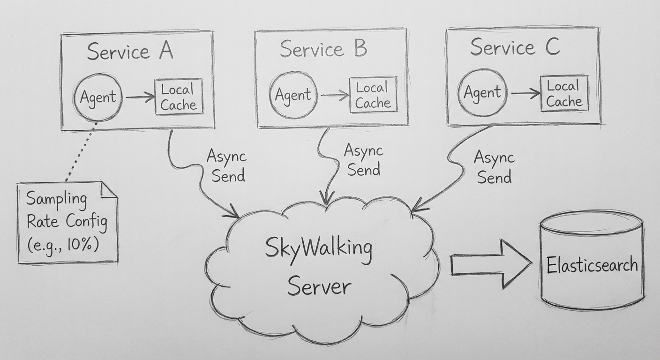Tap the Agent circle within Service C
coord(482,92)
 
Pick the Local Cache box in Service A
coord(179,97)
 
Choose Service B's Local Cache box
coord(373,95)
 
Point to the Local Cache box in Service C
coord(564,94)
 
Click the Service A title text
coord(130,51)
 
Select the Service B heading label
coord(323,49)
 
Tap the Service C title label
coord(514,47)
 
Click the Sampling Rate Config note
coord(67,222)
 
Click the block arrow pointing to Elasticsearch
coord(490,264)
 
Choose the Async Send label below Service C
coord(493,167)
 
